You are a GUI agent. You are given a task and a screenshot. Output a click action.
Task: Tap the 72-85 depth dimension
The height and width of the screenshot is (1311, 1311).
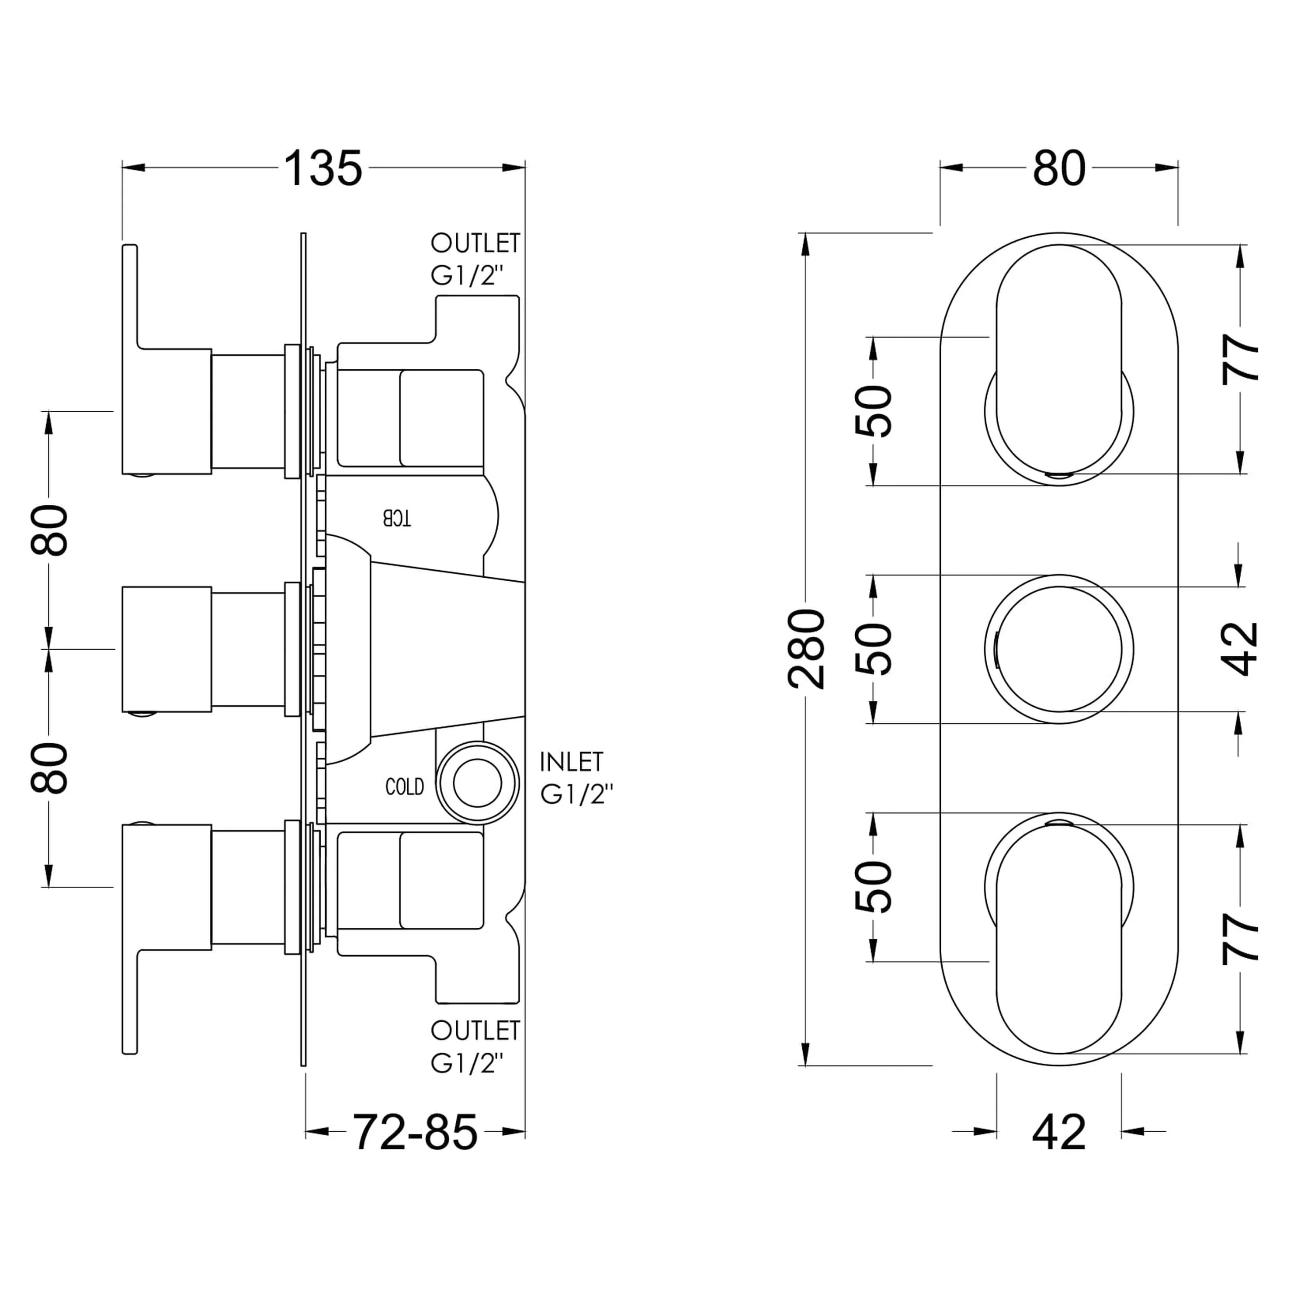[x=415, y=1132]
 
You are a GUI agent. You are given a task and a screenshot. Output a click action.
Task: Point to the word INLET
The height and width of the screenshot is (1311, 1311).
[x=571, y=762]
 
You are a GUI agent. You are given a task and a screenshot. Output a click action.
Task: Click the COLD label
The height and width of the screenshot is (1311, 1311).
[x=404, y=787]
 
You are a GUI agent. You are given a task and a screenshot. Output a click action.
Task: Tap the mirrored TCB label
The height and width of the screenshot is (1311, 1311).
[x=397, y=518]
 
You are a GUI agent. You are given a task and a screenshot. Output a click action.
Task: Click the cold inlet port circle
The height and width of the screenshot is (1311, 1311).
[x=477, y=784]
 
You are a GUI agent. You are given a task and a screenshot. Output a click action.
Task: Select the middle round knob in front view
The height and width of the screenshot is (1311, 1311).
[x=1058, y=649]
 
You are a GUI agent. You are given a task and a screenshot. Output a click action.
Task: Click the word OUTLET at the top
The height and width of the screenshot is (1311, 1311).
[x=475, y=243]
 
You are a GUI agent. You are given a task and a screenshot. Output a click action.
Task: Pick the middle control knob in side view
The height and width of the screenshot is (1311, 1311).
[x=166, y=649]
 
